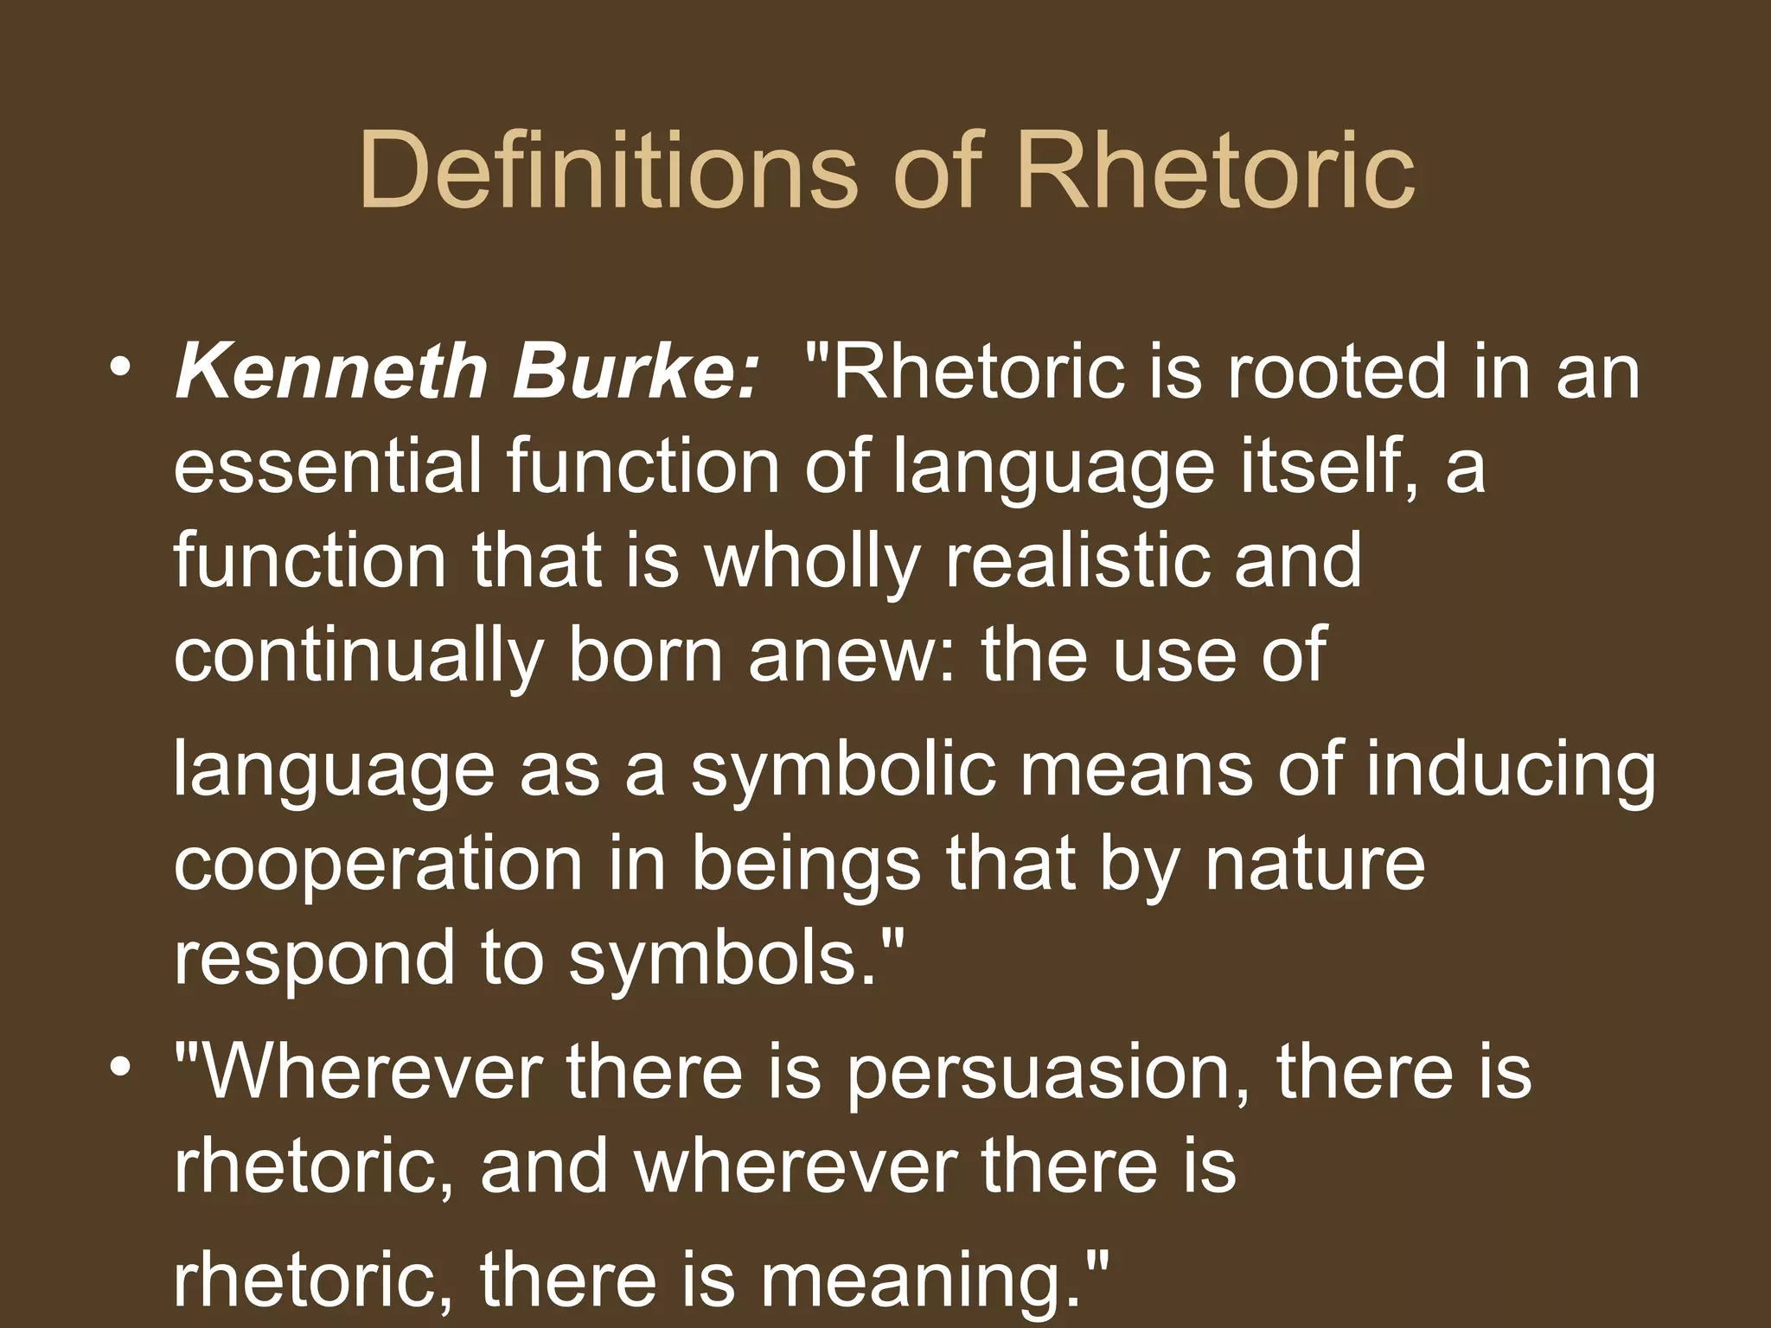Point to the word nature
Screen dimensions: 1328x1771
pos(1314,865)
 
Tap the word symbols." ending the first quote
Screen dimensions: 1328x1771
pos(735,960)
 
